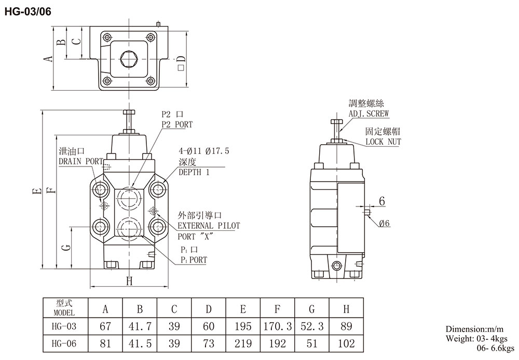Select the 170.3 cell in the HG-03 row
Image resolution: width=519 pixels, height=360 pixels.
click(x=277, y=326)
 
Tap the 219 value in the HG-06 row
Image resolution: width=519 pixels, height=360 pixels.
click(x=243, y=343)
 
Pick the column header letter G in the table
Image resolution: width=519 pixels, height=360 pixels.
click(x=311, y=310)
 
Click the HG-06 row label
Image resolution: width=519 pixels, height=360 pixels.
click(x=64, y=343)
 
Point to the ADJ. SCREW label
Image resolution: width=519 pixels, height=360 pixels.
click(x=368, y=114)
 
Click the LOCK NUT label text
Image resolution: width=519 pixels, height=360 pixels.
click(x=383, y=142)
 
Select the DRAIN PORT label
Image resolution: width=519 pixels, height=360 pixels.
click(x=80, y=161)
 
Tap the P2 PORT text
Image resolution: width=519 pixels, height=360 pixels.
click(x=176, y=124)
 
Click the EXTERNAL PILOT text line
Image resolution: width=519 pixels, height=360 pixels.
click(x=209, y=226)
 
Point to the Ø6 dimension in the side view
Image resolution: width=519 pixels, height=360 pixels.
click(x=385, y=224)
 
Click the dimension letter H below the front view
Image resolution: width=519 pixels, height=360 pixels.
click(x=129, y=281)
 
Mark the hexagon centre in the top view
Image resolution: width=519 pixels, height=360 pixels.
click(x=128, y=59)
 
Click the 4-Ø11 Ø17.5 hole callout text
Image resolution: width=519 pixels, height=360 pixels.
click(x=203, y=151)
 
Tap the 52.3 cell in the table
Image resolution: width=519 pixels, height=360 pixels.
click(x=311, y=326)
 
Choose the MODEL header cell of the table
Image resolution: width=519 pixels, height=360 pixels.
click(x=64, y=310)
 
